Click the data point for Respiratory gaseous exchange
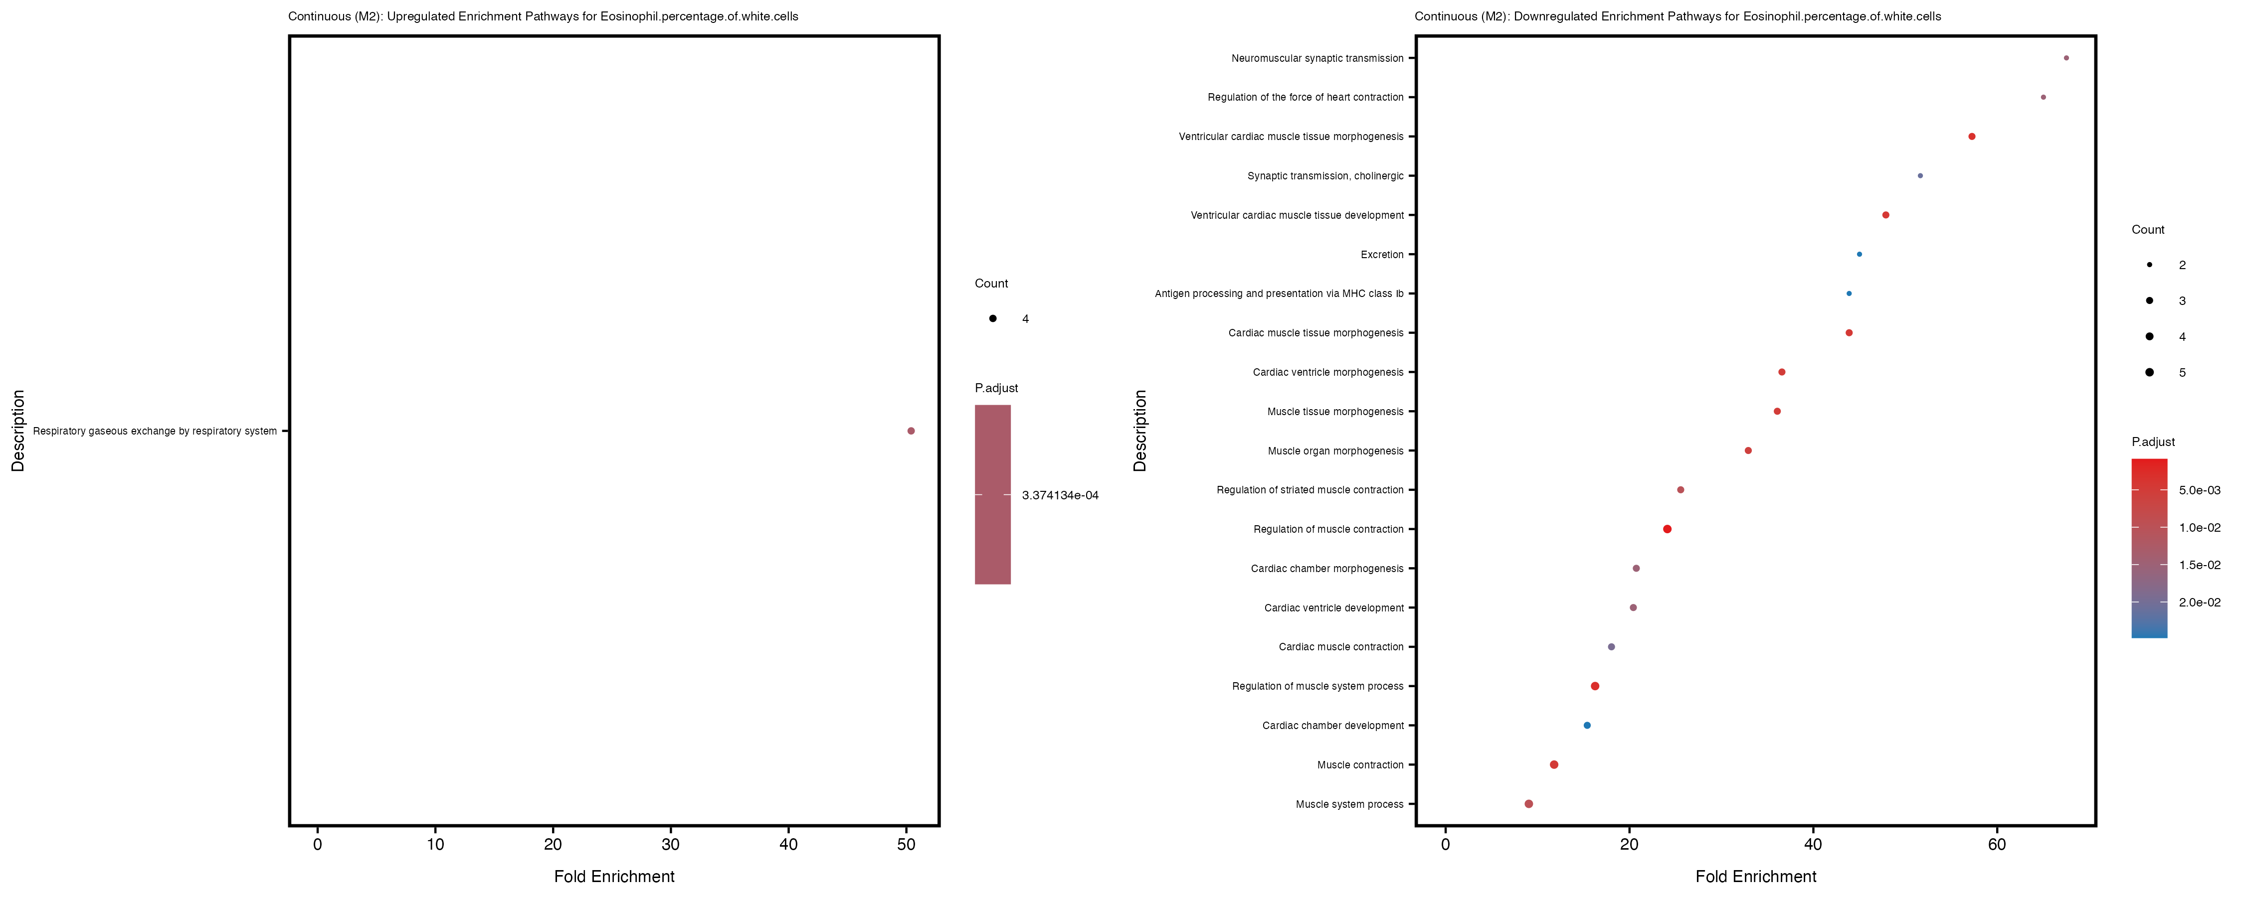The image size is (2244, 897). click(911, 431)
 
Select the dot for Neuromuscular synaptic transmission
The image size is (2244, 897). click(2065, 58)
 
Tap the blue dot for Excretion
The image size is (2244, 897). click(1859, 254)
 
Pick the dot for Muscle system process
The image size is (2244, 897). click(1529, 804)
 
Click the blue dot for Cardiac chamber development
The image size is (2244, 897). click(1586, 726)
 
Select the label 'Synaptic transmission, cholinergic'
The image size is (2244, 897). click(1325, 176)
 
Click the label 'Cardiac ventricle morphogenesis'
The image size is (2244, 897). click(1327, 373)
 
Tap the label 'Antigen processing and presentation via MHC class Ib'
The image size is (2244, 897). click(1279, 294)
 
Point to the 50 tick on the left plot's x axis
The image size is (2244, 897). click(906, 844)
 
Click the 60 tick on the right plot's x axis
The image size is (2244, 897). click(1997, 844)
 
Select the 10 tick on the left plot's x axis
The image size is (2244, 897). click(435, 844)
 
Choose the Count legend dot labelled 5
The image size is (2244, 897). click(2150, 373)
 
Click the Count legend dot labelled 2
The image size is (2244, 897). click(2150, 265)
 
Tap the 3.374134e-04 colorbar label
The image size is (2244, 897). click(1059, 495)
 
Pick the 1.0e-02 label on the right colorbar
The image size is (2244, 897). click(2199, 528)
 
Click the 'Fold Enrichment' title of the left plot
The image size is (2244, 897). click(614, 876)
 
